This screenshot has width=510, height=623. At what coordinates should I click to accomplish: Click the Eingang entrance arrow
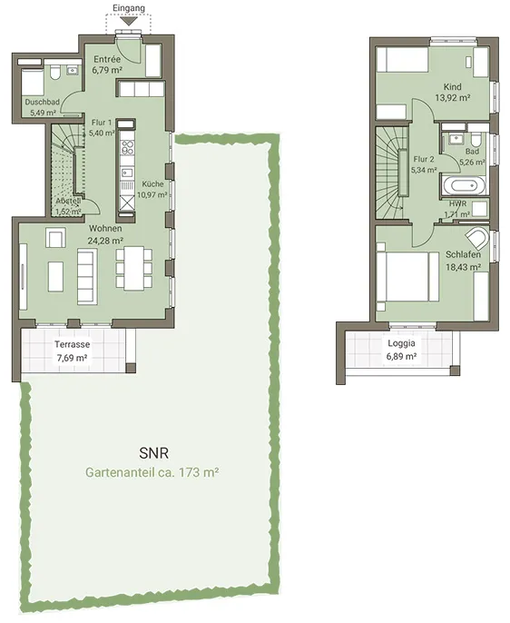[x=128, y=21]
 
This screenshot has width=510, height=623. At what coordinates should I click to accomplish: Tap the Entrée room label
[x=107, y=59]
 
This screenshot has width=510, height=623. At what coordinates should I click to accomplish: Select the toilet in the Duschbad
[x=54, y=73]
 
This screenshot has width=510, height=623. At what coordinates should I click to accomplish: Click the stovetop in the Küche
[x=127, y=147]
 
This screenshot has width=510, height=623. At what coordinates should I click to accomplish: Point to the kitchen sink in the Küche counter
[x=127, y=173]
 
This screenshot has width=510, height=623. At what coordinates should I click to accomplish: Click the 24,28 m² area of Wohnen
[x=105, y=241]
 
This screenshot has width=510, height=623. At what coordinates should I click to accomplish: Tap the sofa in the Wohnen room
[x=86, y=276]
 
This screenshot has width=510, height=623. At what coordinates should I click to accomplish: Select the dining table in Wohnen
[x=133, y=268]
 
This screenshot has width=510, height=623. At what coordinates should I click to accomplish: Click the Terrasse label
[x=73, y=344]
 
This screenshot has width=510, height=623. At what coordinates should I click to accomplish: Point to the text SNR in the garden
[x=154, y=453]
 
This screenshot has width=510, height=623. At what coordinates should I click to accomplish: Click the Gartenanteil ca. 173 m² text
[x=152, y=473]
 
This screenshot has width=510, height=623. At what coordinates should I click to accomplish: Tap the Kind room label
[x=453, y=86]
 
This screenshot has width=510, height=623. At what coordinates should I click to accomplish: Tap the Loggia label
[x=402, y=343]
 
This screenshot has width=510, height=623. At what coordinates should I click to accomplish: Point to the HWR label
[x=457, y=203]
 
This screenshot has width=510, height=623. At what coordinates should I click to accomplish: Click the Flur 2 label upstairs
[x=424, y=159]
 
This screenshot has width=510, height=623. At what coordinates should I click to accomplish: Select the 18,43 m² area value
[x=463, y=267]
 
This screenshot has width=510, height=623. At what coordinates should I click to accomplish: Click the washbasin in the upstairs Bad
[x=456, y=139]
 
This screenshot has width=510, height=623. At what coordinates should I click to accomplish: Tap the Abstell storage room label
[x=69, y=201]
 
